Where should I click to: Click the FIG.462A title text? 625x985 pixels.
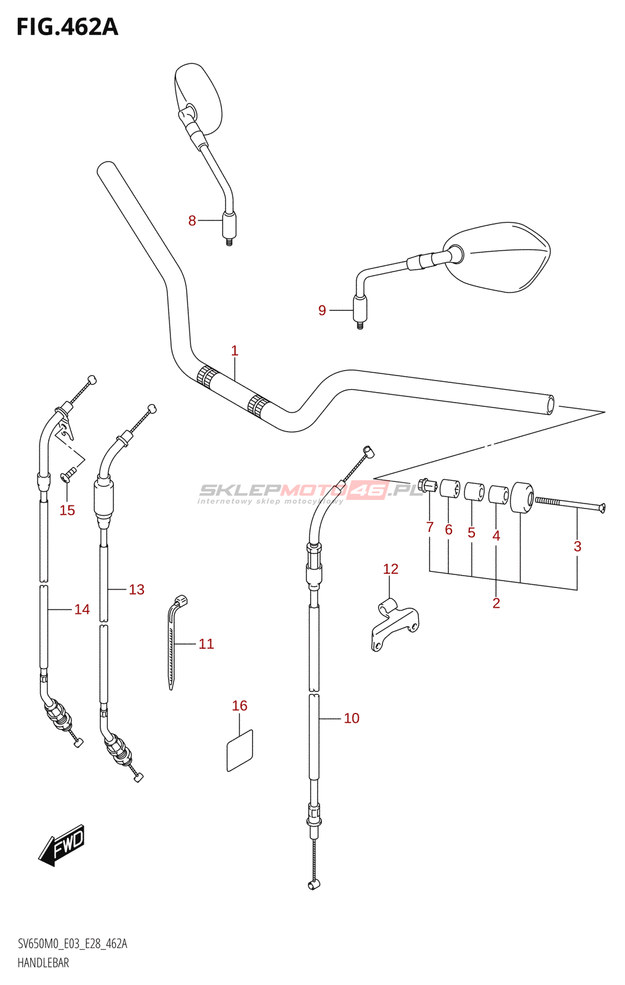coord(67,27)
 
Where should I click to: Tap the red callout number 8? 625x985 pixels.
coord(192,221)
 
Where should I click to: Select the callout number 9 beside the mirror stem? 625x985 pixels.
coord(322,310)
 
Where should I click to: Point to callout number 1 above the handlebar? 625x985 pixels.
coord(235,350)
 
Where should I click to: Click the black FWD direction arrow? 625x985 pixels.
coord(61,846)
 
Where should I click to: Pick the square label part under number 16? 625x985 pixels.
coord(240,750)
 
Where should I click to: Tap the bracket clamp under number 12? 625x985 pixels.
coord(395,624)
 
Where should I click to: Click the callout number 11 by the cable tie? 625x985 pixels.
coord(206,644)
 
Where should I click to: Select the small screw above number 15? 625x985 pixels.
coord(68,475)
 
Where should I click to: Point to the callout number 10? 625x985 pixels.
coord(352,718)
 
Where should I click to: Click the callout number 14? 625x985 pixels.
coord(82,609)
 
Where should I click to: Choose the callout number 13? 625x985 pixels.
coord(137,589)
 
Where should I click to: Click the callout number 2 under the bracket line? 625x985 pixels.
coord(496,603)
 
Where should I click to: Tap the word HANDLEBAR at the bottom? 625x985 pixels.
coord(43,963)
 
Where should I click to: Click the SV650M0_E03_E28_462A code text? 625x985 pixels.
coord(73,943)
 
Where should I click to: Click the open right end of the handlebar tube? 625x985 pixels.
coord(550,405)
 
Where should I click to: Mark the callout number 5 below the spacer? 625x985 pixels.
coord(472,533)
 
